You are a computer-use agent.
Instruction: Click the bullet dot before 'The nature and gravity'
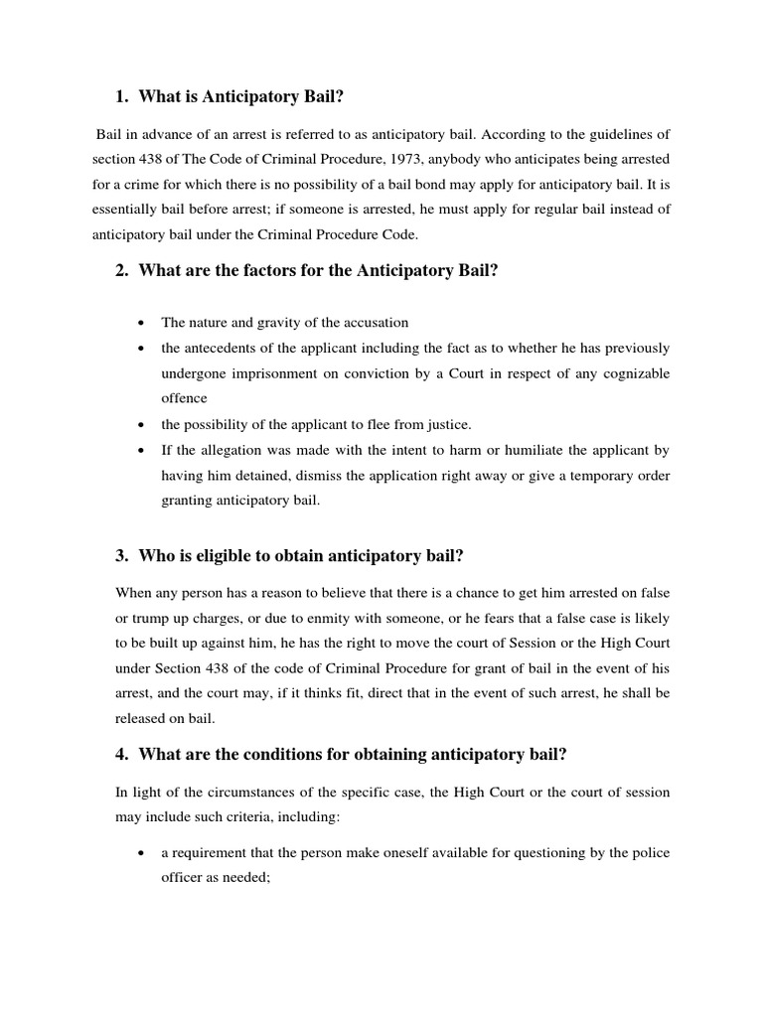pyautogui.click(x=145, y=323)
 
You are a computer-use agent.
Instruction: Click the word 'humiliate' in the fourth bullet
pyautogui.click(x=528, y=450)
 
